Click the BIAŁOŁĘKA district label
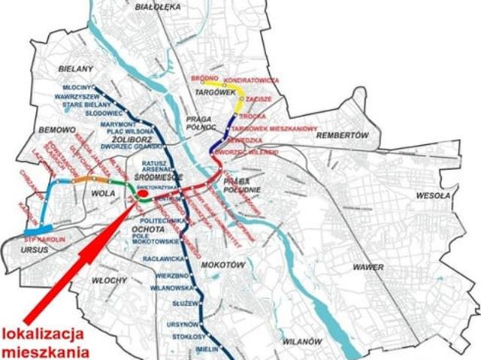[x=161, y=5]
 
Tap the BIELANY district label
[x=74, y=68]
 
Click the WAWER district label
[x=365, y=268]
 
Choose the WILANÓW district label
[x=301, y=341]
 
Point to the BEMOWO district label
[x=53, y=130]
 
